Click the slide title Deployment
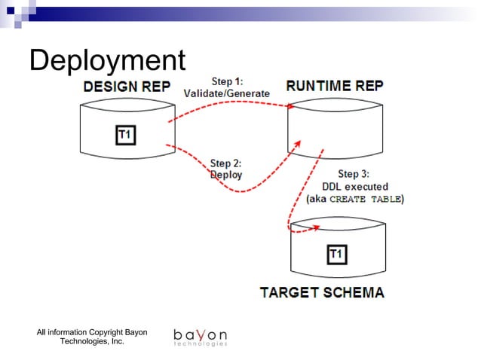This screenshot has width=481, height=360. pyautogui.click(x=106, y=60)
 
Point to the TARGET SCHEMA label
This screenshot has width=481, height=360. pyautogui.click(x=322, y=292)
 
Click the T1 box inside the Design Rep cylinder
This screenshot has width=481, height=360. pyautogui.click(x=126, y=135)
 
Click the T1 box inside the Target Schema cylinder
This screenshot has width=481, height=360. pyautogui.click(x=336, y=255)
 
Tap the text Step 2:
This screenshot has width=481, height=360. pyautogui.click(x=226, y=163)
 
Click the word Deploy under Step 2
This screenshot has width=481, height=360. pyautogui.click(x=226, y=174)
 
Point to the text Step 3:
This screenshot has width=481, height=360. pyautogui.click(x=354, y=174)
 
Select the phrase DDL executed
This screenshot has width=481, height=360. pyautogui.click(x=355, y=186)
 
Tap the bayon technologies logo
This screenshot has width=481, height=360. pyautogui.click(x=200, y=337)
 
